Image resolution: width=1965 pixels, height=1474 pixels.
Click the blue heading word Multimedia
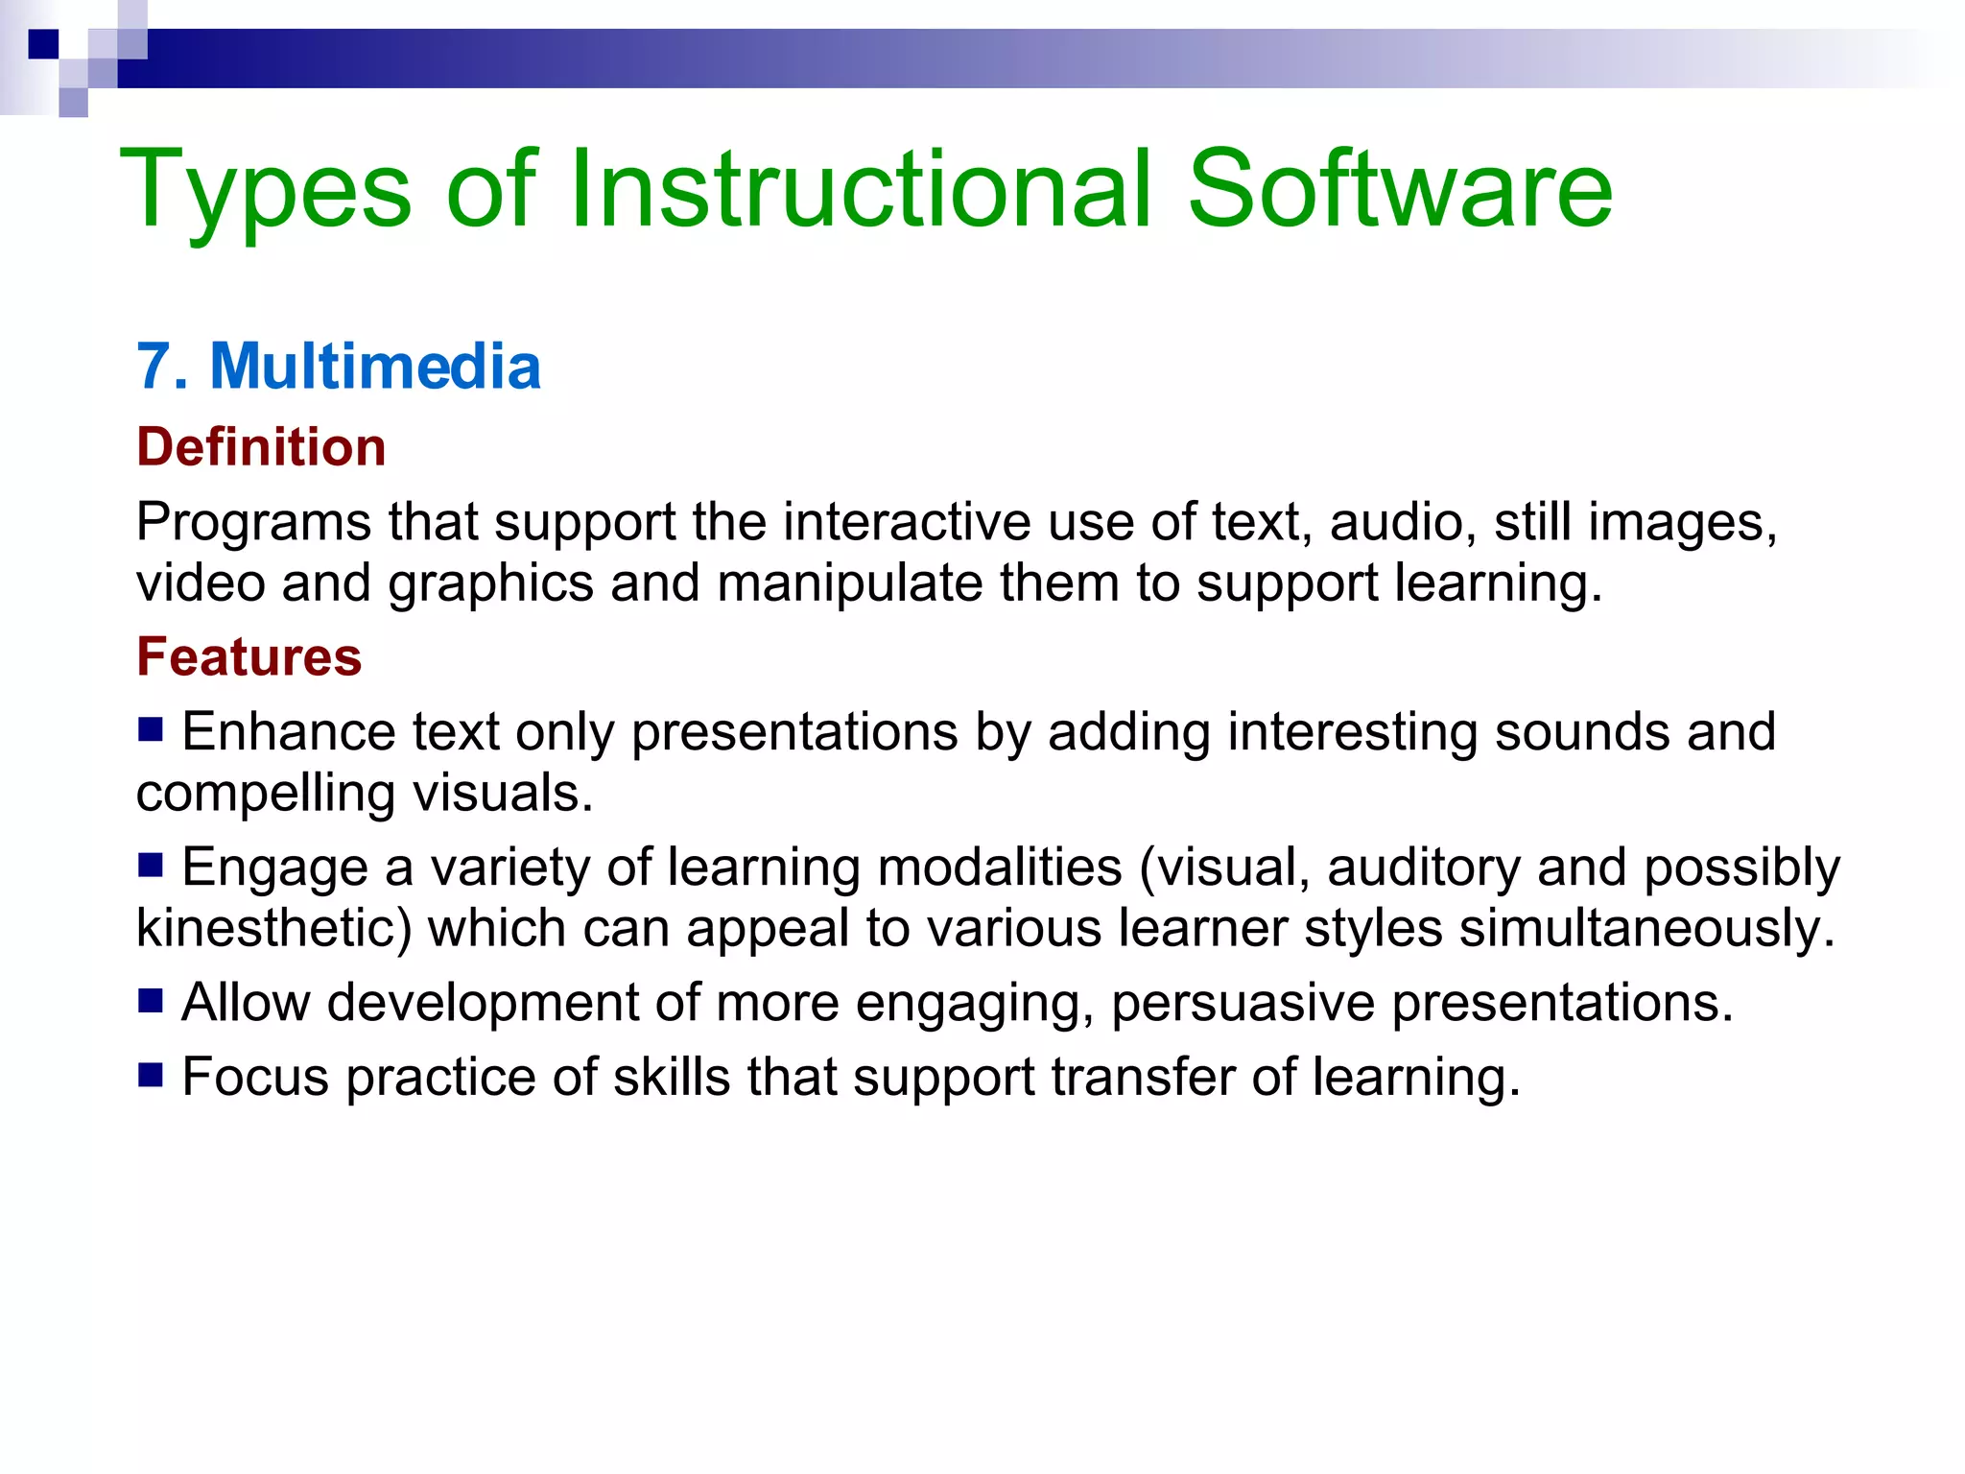(375, 367)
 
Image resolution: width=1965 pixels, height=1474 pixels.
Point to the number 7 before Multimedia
(154, 367)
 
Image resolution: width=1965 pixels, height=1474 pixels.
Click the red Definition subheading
(261, 447)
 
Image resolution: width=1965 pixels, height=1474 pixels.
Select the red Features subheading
(249, 657)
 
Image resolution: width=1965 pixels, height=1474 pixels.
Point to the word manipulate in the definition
(849, 583)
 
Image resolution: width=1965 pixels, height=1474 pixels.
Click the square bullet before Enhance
(151, 730)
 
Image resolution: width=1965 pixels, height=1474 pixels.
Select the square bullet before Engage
(151, 866)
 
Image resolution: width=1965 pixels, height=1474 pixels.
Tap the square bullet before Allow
(151, 1001)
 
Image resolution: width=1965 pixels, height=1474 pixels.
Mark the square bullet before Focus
(151, 1075)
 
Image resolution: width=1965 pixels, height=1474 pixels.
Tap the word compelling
(266, 795)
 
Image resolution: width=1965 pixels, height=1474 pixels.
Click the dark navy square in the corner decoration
(44, 44)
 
